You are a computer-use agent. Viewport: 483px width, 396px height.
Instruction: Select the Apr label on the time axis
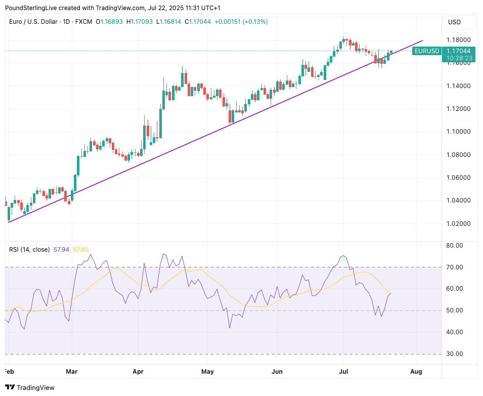[138, 372]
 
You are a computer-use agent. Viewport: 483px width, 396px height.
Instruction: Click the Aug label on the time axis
[416, 372]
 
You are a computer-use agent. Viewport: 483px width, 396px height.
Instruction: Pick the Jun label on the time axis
[277, 372]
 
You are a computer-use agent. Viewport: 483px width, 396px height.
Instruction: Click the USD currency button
[455, 22]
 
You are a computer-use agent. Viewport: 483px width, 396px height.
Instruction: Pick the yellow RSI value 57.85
[81, 250]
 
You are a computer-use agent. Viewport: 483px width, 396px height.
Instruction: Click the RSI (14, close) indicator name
[30, 250]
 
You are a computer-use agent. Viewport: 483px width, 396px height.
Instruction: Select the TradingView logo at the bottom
[29, 387]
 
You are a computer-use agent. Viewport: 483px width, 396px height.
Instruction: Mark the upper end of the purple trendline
[422, 41]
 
